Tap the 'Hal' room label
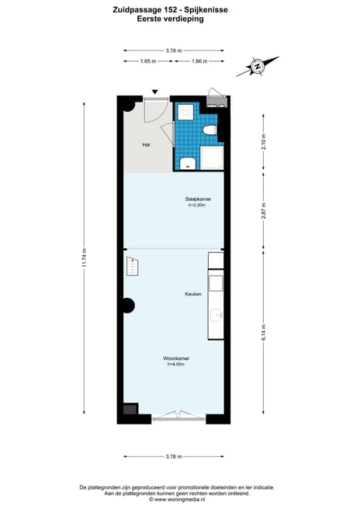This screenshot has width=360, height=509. pyautogui.click(x=145, y=145)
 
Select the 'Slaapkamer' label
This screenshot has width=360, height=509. pyautogui.click(x=199, y=199)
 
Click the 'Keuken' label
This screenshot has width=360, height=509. pyautogui.click(x=192, y=294)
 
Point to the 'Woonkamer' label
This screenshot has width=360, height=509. pyautogui.click(x=177, y=358)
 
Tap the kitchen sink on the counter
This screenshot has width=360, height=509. pyautogui.click(x=216, y=316)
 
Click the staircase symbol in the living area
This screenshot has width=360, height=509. pyautogui.click(x=131, y=268)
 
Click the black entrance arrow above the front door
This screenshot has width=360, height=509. pyautogui.click(x=154, y=92)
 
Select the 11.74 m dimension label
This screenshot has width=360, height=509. pyautogui.click(x=84, y=255)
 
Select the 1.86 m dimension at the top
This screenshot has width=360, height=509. pyautogui.click(x=199, y=61)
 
